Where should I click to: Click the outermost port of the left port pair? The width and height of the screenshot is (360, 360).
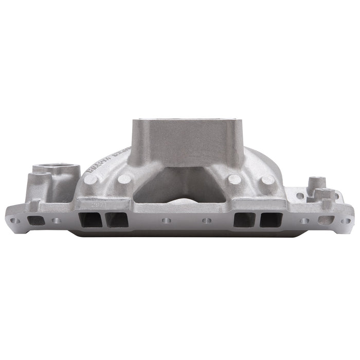pyautogui.click(x=89, y=220)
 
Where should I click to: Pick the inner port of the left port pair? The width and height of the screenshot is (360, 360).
pyautogui.click(x=116, y=220)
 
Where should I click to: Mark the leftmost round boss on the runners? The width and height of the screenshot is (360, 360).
pyautogui.click(x=91, y=179)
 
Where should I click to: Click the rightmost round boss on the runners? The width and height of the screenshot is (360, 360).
pyautogui.click(x=267, y=179)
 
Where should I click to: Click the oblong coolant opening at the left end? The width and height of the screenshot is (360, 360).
pyautogui.click(x=35, y=220)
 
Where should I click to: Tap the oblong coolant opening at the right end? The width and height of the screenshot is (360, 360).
pyautogui.click(x=326, y=220)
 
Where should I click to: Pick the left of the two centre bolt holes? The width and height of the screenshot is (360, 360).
pyautogui.click(x=166, y=220)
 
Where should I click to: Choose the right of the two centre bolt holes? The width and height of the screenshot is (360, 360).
pyautogui.click(x=207, y=220)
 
